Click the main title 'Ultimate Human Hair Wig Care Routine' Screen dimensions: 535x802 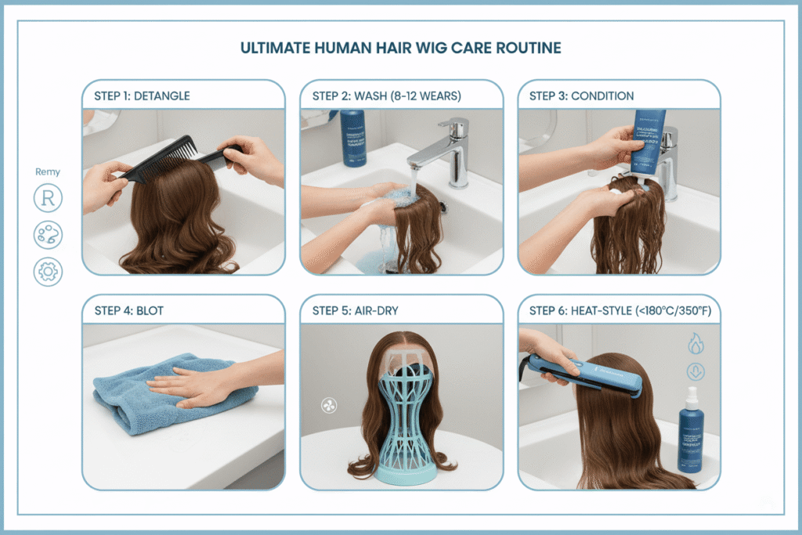(400, 49)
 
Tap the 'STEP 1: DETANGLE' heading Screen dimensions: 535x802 (142, 96)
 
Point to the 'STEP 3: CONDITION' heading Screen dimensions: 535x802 (581, 96)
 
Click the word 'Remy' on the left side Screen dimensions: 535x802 (48, 172)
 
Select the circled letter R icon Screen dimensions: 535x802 (48, 199)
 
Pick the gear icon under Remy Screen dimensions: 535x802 (48, 271)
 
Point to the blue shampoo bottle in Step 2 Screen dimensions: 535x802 (353, 138)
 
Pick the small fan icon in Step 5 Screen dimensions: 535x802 (329, 405)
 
